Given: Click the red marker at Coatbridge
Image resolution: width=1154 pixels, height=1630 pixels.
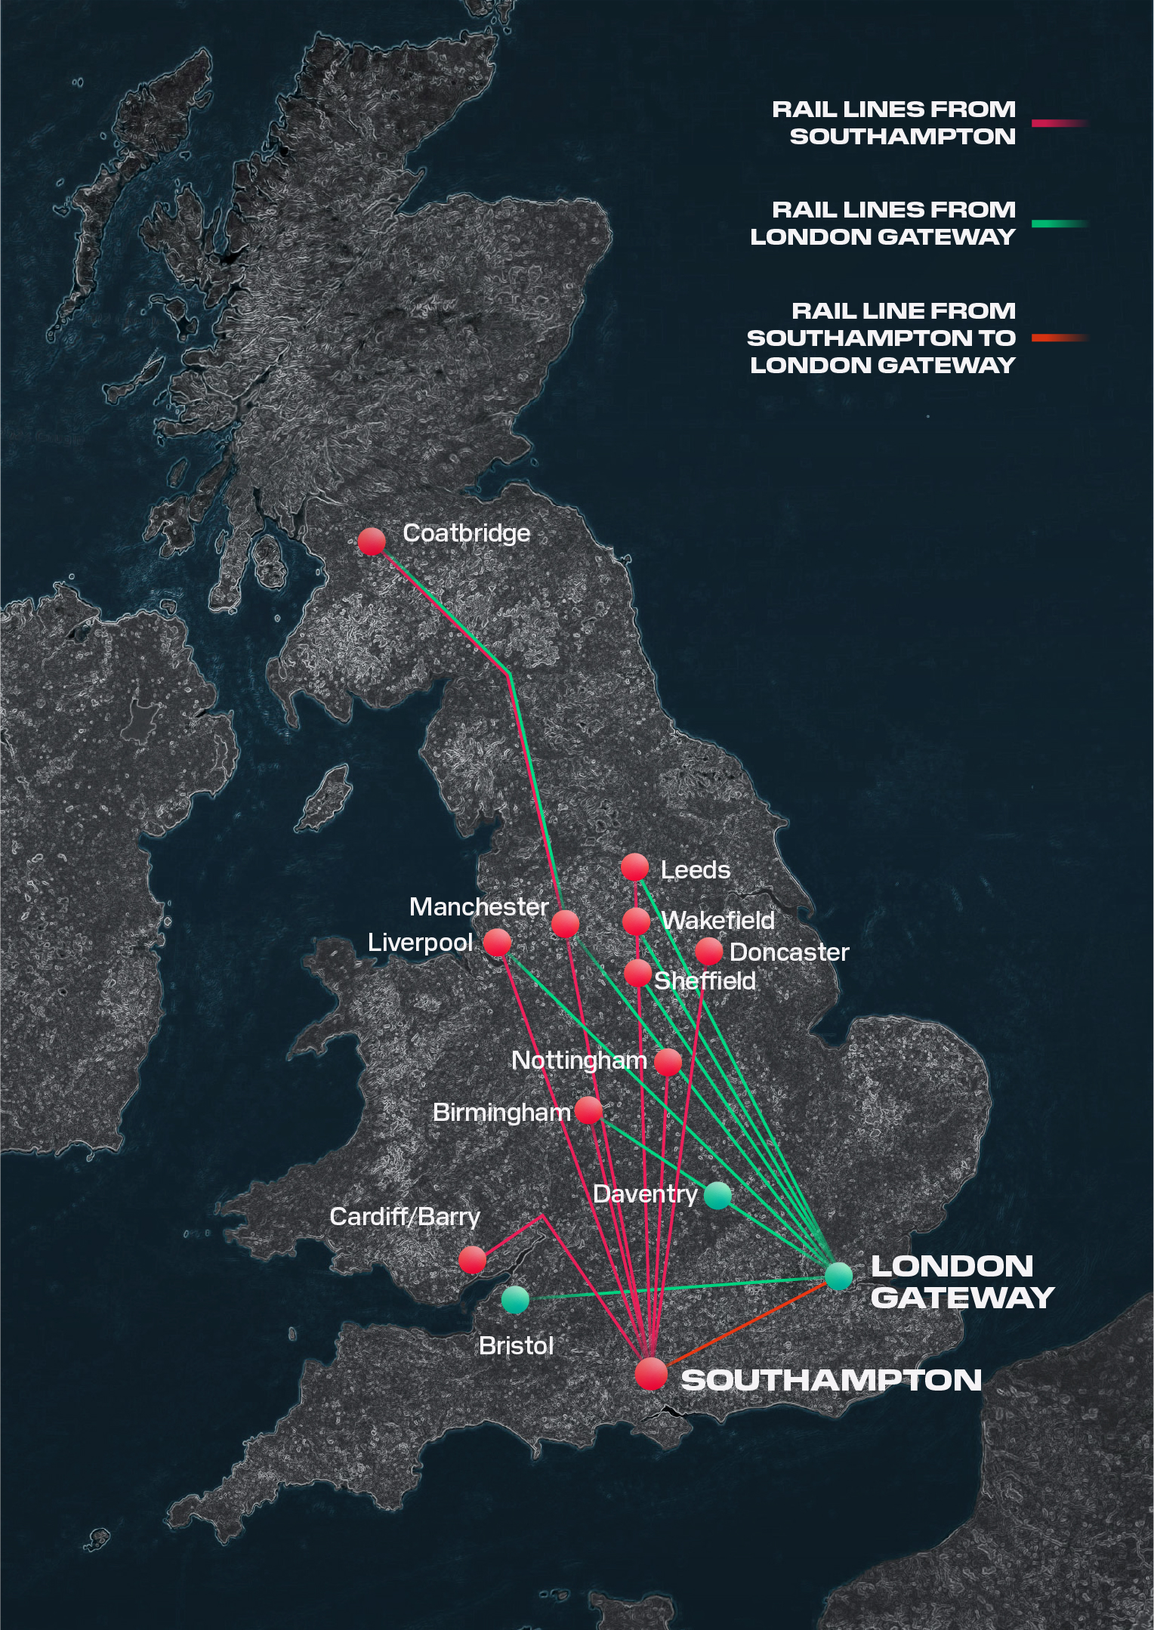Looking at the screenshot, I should coord(372,542).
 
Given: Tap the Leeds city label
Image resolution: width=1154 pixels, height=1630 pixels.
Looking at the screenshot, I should coord(695,870).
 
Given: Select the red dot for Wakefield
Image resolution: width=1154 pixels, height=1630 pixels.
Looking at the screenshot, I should coord(637,922).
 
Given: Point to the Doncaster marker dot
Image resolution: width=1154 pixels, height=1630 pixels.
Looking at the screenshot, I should coord(708,952).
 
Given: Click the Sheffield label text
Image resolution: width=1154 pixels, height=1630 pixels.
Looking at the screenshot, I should coord(705,981).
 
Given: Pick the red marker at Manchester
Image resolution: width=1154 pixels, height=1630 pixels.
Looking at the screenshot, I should coord(565,924).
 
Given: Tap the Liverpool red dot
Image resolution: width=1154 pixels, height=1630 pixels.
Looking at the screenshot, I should coord(497,943).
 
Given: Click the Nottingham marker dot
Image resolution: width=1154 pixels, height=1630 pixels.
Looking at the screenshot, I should coord(668,1062).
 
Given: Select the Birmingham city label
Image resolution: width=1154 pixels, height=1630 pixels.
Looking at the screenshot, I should coord(501,1113).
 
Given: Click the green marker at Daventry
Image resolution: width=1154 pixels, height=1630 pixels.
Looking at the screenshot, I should coord(717,1195).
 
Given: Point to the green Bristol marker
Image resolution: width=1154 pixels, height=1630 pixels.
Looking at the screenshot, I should coord(515,1300).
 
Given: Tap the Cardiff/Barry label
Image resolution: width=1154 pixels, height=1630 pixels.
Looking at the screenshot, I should coord(405,1217).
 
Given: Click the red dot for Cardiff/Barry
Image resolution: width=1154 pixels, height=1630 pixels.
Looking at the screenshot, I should coord(473,1259).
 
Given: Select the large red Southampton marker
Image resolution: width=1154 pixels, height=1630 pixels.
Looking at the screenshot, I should coord(651,1374).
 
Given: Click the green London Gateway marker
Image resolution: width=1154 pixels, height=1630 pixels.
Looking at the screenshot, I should coord(838,1276).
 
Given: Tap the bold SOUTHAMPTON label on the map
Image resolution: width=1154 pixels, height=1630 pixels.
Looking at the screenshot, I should coord(831,1380).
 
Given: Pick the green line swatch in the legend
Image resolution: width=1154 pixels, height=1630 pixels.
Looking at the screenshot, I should coord(1059,224).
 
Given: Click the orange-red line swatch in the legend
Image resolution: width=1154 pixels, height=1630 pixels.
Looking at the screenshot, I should coord(1059,338).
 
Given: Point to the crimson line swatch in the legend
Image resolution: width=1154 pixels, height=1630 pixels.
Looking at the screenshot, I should coord(1059,123).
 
